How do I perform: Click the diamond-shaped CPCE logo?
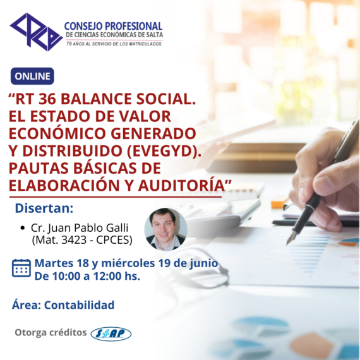tap(36, 32)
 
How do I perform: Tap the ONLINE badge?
tap(32, 76)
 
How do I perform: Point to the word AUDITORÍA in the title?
tap(181, 185)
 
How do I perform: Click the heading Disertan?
tap(44, 208)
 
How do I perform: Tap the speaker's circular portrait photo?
tap(165, 229)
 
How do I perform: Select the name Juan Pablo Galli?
tap(88, 228)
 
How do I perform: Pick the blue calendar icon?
tap(21, 268)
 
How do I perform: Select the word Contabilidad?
tap(79, 305)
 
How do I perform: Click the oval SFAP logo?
tap(111, 334)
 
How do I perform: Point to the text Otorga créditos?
tap(51, 332)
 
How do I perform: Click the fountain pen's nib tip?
tap(287, 244)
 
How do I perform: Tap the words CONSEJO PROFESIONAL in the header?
tap(114, 26)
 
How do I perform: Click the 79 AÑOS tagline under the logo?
tap(114, 44)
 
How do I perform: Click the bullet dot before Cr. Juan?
tap(23, 228)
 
